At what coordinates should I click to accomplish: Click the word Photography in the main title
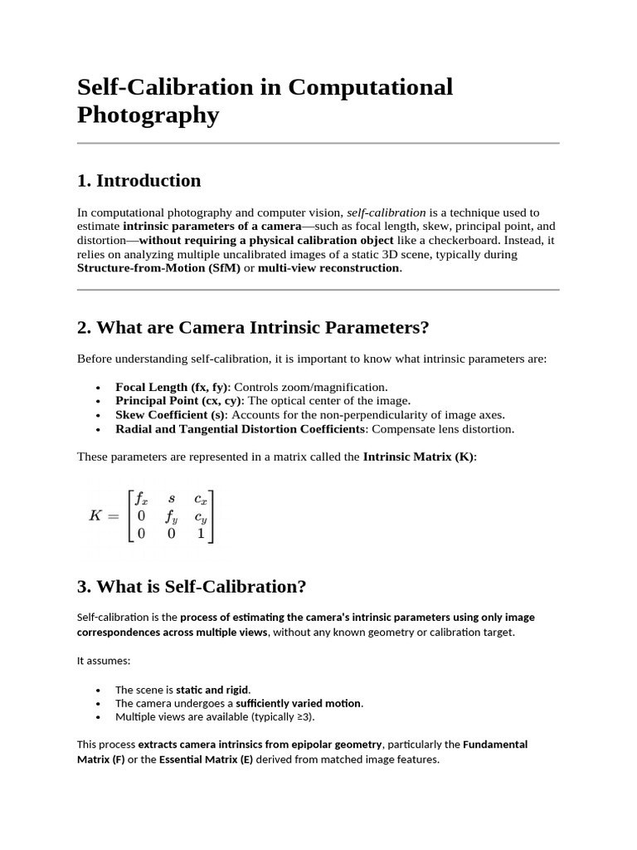click(x=148, y=115)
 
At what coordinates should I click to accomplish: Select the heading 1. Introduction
click(x=139, y=181)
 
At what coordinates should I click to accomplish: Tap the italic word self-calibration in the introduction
click(x=386, y=212)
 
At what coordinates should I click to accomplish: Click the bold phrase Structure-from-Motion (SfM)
click(x=158, y=268)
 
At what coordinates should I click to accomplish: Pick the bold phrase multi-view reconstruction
click(x=328, y=268)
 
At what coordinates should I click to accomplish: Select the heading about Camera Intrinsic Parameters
click(x=253, y=327)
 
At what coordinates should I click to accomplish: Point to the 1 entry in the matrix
click(x=200, y=535)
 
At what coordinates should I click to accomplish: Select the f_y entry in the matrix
click(x=172, y=516)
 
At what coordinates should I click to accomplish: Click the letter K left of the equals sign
click(x=96, y=515)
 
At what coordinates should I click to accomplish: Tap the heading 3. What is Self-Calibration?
click(x=192, y=587)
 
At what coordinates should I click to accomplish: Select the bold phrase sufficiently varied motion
click(x=299, y=703)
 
